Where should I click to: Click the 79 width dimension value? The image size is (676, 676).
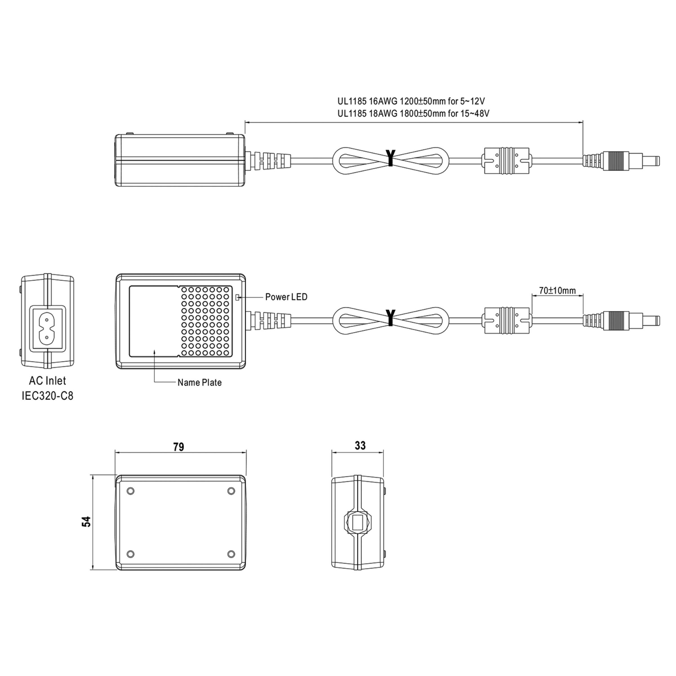tap(179, 447)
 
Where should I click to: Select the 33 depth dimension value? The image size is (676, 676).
tap(360, 445)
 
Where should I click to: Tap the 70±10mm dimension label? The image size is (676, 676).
tap(557, 290)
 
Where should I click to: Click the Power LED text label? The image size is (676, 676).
tap(286, 297)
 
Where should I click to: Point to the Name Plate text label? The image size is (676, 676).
tap(199, 383)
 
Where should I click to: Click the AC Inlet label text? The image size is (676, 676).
tap(48, 381)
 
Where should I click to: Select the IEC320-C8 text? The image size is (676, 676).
tap(48, 396)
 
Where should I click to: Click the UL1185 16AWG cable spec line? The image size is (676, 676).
tap(411, 101)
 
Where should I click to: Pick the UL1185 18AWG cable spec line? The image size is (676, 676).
tap(413, 113)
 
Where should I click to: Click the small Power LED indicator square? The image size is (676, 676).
tap(238, 297)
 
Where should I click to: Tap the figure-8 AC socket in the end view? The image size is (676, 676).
tap(46, 328)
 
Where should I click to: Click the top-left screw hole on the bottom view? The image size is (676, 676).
tap(130, 491)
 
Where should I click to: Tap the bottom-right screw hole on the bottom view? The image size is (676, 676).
tap(231, 554)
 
